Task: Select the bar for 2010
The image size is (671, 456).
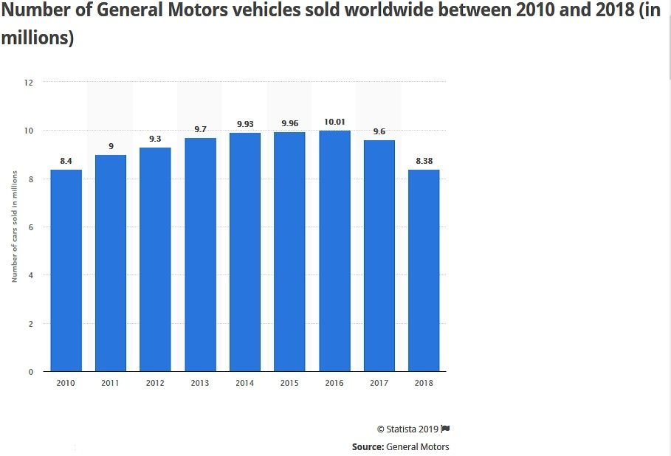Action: [66, 270]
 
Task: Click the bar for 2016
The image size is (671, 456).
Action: [334, 251]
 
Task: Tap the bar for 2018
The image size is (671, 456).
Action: [424, 270]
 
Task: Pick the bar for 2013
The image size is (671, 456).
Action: [200, 255]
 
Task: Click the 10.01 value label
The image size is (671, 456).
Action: [334, 122]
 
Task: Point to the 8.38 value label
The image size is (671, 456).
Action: [424, 161]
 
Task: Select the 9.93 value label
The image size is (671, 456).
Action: [245, 124]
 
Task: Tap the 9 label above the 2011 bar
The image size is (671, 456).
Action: [111, 146]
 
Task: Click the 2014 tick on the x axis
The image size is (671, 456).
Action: [245, 383]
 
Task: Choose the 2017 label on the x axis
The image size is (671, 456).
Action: [379, 383]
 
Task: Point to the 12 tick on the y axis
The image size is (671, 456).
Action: [29, 82]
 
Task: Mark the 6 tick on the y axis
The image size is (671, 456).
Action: [31, 227]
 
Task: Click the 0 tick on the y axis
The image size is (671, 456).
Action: [31, 372]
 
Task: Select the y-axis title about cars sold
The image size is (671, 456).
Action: [14, 227]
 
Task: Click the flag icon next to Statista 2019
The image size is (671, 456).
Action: [446, 429]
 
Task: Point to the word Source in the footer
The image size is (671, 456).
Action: [367, 446]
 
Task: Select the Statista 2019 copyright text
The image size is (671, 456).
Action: [407, 429]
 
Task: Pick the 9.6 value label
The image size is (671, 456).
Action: [379, 131]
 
